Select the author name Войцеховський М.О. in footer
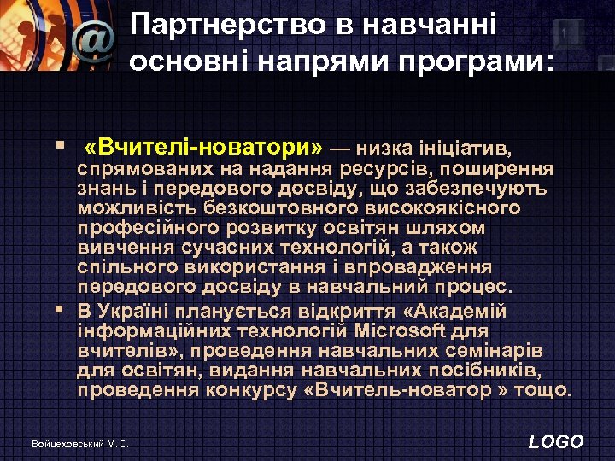79,444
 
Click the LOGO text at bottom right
556,441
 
